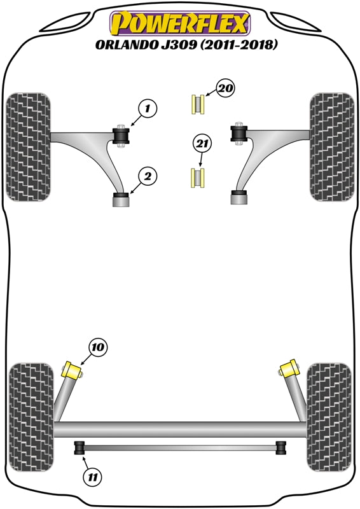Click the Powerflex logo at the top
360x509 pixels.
point(180,24)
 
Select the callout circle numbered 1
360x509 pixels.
point(146,110)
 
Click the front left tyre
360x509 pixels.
point(28,146)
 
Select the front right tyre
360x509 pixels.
point(331,146)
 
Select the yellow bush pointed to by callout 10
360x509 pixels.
point(73,370)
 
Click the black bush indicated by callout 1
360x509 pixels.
point(121,136)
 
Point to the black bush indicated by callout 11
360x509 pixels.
point(81,448)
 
